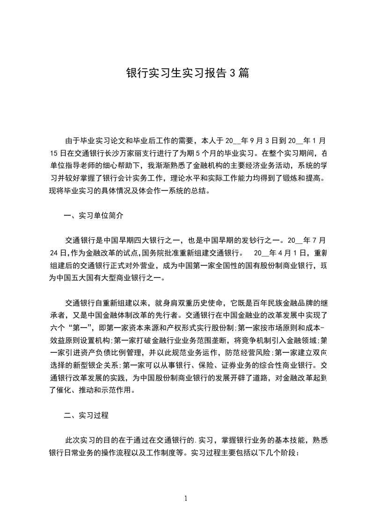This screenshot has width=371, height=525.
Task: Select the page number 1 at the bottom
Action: coord(186,498)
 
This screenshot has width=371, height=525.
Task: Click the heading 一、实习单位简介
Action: coord(94,216)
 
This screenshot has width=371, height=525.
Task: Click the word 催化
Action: coord(65,391)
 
